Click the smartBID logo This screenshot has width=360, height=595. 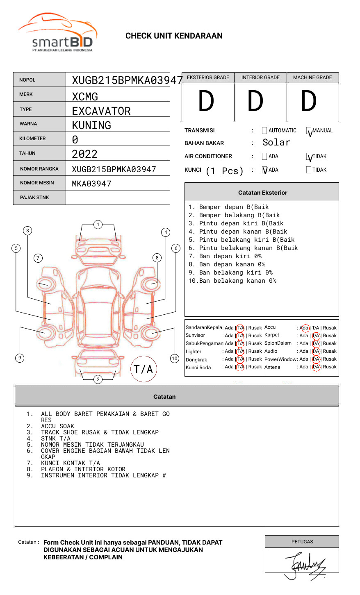click(57, 33)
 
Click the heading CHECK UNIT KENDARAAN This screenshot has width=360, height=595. click(174, 36)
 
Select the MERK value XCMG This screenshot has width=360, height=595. click(85, 97)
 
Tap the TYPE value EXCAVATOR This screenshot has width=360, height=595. click(101, 111)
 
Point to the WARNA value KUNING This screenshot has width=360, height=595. click(91, 125)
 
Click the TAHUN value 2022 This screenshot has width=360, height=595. click(84, 154)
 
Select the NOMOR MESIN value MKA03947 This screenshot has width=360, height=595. click(91, 184)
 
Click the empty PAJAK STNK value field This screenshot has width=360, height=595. click(118, 198)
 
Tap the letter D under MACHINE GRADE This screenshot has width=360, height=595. click(309, 102)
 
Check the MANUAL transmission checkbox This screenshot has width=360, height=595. click(309, 131)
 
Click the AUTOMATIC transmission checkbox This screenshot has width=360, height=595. click(264, 131)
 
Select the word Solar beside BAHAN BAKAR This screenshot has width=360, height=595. click(276, 143)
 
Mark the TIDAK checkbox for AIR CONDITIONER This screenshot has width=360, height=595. click(309, 157)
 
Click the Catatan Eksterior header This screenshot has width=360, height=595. click(262, 193)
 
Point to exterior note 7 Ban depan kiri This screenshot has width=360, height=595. click(225, 256)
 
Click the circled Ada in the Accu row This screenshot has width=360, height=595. click(305, 328)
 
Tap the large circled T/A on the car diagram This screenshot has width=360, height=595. click(144, 369)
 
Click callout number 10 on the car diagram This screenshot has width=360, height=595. click(175, 359)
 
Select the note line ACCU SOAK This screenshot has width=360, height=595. click(57, 426)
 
